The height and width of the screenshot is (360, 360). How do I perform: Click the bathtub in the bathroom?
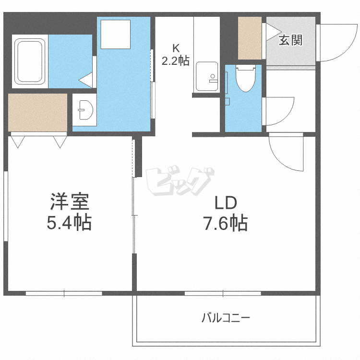[x=30, y=61]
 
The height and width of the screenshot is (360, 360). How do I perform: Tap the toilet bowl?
[x=245, y=79]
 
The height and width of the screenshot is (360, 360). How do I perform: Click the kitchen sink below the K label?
[x=207, y=76]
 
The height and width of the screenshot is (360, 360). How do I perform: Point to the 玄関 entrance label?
[x=291, y=40]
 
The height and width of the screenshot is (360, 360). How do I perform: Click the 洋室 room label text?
[x=69, y=202]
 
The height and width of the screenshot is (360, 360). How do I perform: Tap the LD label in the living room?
[x=226, y=203]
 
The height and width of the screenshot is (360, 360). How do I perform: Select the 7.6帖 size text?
[x=226, y=223]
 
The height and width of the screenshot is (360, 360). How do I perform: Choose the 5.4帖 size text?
[x=69, y=222]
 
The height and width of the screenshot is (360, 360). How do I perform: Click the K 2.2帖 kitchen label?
[x=176, y=55]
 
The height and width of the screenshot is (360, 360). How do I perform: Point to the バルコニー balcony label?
[x=226, y=318]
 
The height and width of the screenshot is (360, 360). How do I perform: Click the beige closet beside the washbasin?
[x=37, y=112]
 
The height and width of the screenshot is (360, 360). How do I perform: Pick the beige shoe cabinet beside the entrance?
[x=250, y=38]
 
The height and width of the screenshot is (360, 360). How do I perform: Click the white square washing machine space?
[x=116, y=34]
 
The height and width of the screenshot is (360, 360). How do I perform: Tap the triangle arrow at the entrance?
[x=274, y=32]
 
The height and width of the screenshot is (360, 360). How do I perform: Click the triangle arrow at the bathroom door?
[x=85, y=80]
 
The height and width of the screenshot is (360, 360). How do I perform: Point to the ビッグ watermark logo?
[x=180, y=181]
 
